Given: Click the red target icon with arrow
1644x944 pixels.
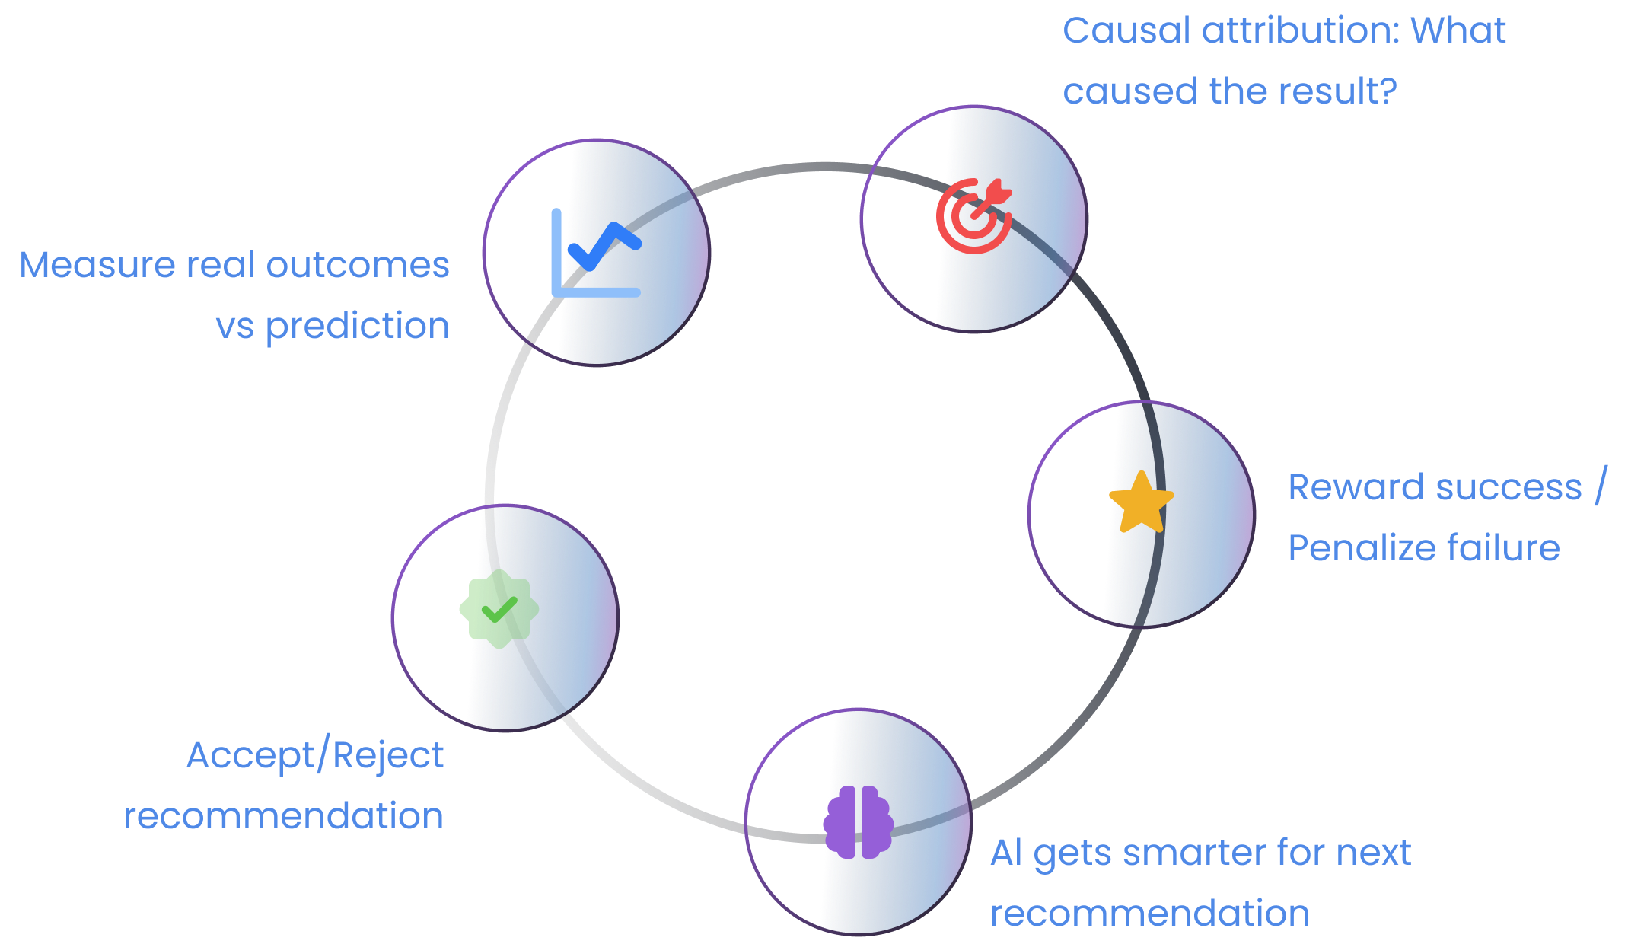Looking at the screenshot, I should [974, 215].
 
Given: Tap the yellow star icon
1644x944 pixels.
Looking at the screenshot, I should [1141, 503].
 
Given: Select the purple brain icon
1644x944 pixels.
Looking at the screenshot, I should [858, 822].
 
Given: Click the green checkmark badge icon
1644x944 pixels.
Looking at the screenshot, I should [499, 609].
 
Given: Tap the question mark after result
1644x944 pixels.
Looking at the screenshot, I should [1388, 91].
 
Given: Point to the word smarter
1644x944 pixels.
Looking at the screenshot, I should [1194, 853].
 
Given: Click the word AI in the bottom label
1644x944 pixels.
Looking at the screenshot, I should [1006, 853].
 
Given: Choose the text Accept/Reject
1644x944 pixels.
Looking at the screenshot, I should [315, 757].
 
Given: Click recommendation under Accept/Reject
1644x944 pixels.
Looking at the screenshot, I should [284, 817].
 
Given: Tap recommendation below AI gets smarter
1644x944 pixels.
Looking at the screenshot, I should [1149, 914].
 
